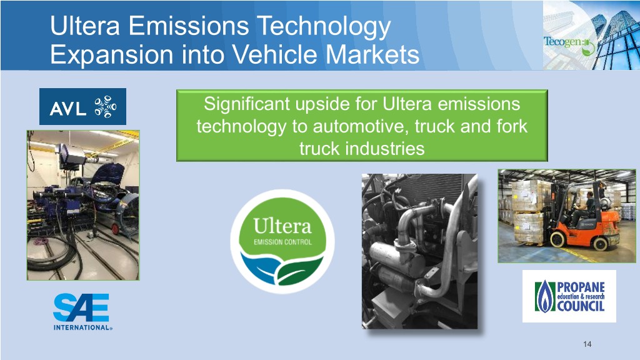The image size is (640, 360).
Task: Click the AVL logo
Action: (83, 106)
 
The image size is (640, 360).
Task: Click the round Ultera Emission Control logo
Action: (282, 241)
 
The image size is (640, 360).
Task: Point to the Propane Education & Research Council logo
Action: (569, 296)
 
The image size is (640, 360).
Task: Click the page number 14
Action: (587, 344)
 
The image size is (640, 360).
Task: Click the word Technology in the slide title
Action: (324, 26)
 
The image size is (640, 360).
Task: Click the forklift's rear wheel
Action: (599, 244)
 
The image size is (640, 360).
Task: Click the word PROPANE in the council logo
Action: (581, 287)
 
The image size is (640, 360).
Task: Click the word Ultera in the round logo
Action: (282, 226)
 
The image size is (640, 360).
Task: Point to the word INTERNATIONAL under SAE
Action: (82, 327)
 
